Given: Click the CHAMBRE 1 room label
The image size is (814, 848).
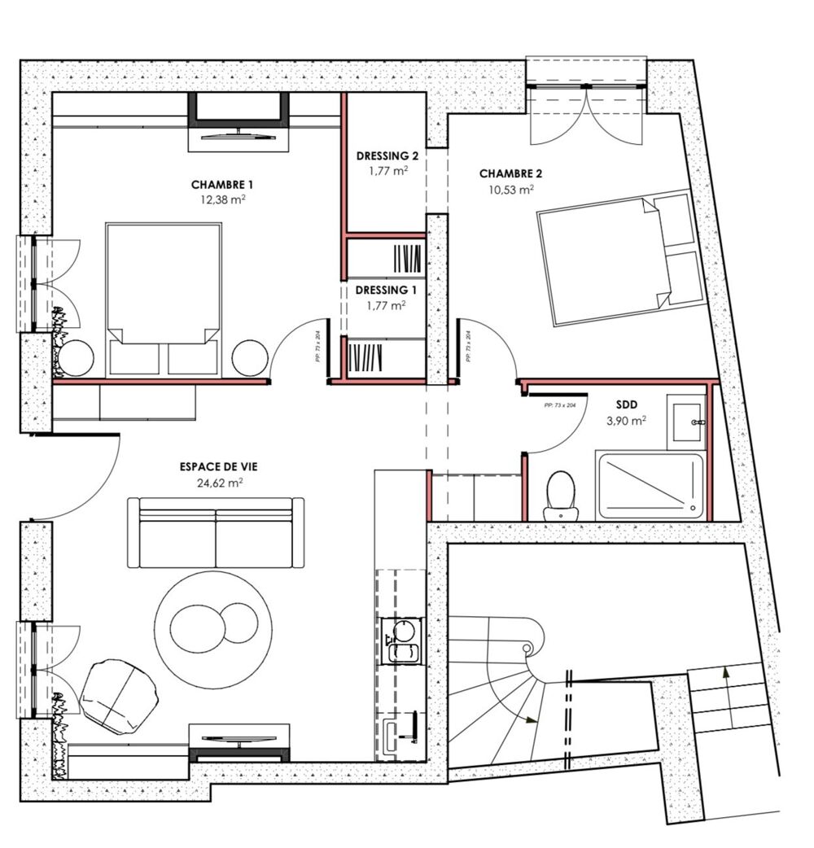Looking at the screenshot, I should point(217,184).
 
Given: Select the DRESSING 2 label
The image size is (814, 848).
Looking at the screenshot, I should point(387,155).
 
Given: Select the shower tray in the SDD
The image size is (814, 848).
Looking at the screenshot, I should point(649,486).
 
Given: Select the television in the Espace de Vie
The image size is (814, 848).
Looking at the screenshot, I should point(239,741).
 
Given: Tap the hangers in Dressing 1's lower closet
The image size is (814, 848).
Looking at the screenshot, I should point(365,358).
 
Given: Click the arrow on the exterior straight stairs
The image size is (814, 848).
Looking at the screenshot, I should point(724,674).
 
